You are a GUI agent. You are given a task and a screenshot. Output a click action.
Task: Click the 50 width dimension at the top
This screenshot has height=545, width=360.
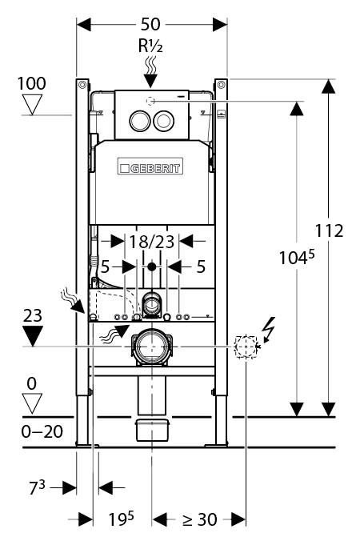click(150, 24)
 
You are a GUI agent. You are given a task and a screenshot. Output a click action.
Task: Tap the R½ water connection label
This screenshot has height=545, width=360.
click(150, 46)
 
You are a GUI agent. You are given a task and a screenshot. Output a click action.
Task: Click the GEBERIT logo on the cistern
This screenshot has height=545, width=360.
click(150, 166)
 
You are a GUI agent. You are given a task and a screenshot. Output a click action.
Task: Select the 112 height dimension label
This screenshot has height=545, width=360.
click(329, 230)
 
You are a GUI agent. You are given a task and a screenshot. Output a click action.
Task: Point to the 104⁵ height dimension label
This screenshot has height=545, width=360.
click(297, 257)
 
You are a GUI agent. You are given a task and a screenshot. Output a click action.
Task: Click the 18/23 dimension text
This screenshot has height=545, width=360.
click(151, 241)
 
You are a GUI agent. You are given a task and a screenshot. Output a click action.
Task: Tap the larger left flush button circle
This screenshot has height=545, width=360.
click(140, 121)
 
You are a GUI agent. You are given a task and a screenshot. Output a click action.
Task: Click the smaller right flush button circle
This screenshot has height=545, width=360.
click(163, 121)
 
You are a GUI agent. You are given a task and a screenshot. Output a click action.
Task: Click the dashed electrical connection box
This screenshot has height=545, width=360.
click(246, 347)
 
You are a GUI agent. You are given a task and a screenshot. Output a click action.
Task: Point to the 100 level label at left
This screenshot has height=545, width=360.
click(32, 83)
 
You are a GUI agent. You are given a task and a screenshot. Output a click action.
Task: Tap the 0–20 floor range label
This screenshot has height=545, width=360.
click(42, 431)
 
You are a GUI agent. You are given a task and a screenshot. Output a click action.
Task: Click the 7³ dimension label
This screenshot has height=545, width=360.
click(37, 487)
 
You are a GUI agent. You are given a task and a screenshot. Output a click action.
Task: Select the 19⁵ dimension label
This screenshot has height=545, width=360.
click(121, 519)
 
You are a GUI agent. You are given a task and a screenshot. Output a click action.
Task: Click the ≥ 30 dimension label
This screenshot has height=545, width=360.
click(200, 519)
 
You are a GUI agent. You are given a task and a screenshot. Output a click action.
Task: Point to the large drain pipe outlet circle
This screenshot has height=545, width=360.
click(151, 347)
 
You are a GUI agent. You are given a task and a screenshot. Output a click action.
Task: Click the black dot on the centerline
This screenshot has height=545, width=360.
click(151, 266)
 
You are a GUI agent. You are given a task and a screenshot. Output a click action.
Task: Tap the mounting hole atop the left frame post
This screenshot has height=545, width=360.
click(82, 85)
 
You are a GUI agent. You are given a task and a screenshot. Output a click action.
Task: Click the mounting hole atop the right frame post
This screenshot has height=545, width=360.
click(221, 85)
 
